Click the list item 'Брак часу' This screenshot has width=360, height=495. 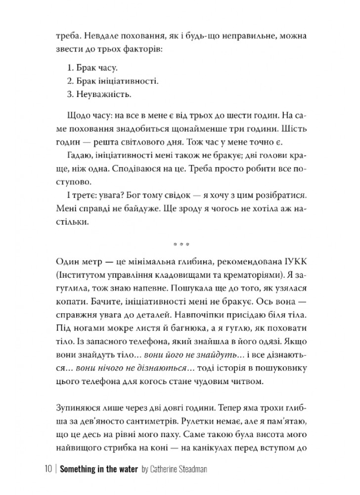pos(87,67)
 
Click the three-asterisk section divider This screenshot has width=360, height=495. pos(180,245)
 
